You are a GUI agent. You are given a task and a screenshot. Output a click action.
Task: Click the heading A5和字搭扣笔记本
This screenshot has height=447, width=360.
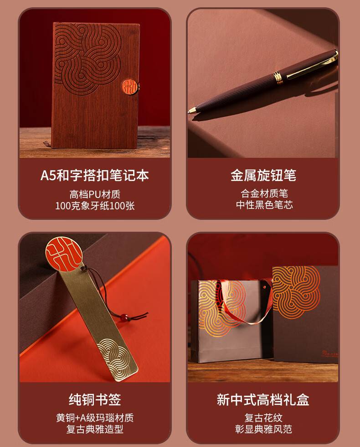pos(95,175)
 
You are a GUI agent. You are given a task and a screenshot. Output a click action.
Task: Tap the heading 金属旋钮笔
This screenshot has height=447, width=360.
pos(263,175)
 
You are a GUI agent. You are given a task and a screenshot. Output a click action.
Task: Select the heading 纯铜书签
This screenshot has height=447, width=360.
pos(95,400)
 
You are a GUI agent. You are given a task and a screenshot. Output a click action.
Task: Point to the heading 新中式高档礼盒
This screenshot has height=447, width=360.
pos(263,400)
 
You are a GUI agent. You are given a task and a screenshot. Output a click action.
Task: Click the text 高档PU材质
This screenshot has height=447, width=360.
pos(95,194)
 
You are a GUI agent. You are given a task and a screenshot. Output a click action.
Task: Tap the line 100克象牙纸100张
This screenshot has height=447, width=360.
pos(95,206)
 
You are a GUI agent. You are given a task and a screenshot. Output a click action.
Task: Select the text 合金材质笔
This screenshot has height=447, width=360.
pos(264,193)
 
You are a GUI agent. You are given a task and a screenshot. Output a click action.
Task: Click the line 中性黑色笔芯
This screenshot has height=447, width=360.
pos(264,205)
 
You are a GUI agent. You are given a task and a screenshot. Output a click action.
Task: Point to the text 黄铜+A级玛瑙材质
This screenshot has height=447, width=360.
pos(95,418)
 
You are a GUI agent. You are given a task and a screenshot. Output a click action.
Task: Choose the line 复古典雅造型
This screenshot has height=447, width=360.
pos(95,429)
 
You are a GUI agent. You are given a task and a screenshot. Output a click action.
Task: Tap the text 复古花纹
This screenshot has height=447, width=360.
pos(263,418)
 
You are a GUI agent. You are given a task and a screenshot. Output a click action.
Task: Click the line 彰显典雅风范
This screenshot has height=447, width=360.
pos(263,429)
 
